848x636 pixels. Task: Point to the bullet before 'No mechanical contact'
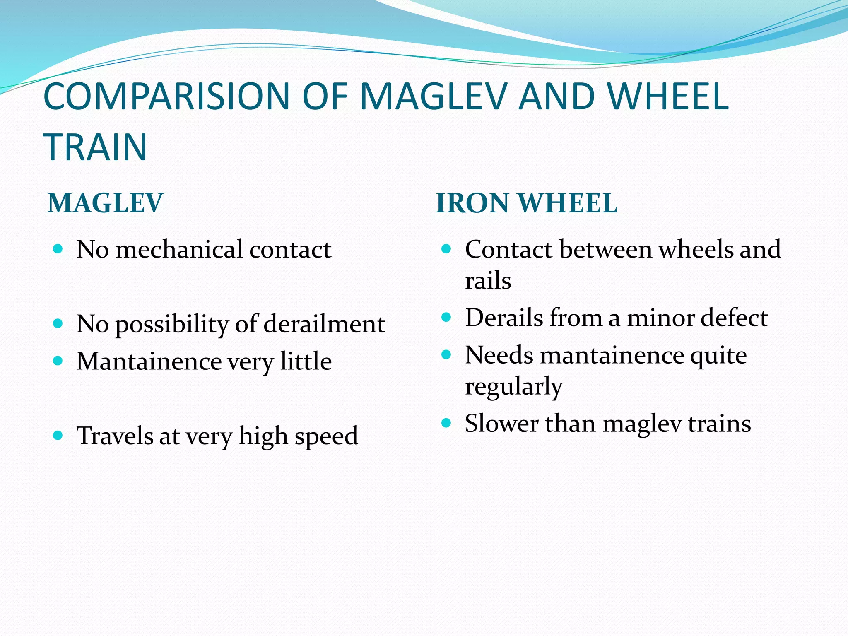click(58, 249)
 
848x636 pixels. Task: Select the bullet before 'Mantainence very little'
click(58, 361)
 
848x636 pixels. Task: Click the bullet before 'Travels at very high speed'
click(58, 435)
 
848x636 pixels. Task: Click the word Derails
click(504, 318)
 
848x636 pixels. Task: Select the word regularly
click(513, 387)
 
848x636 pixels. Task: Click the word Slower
click(501, 424)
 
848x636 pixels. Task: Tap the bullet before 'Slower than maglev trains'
click(446, 423)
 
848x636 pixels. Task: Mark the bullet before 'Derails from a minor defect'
click(446, 318)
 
